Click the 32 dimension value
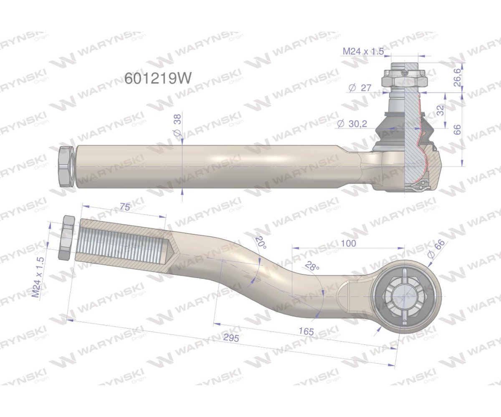[x=440, y=110]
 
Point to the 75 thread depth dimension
[x=124, y=207]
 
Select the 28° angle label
[x=312, y=267]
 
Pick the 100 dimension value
[x=349, y=243]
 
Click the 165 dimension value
[x=306, y=331]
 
